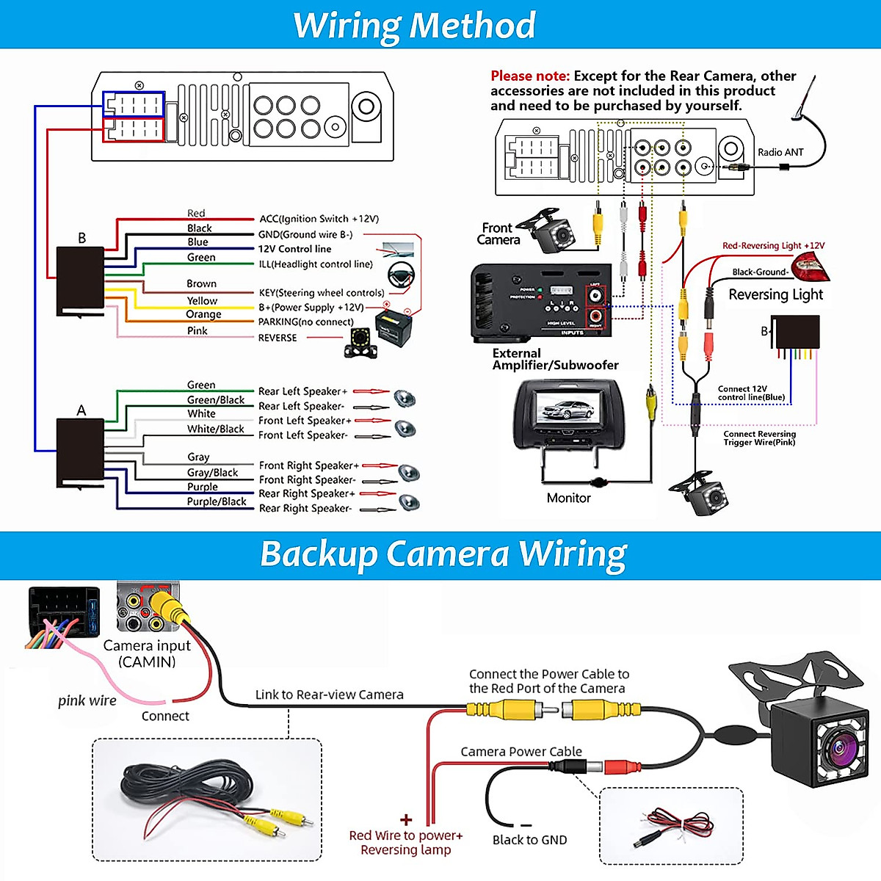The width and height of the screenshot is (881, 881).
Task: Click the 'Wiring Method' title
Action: (x=415, y=26)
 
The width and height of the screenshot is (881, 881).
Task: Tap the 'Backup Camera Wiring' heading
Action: (x=443, y=554)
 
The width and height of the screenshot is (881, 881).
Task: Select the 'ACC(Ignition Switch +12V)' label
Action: (x=319, y=219)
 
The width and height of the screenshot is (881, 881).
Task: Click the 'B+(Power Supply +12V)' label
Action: (x=311, y=308)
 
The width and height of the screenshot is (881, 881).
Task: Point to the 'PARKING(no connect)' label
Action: (x=305, y=322)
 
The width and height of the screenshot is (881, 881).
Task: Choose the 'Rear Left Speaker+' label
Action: (x=302, y=391)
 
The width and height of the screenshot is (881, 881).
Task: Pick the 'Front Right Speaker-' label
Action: (x=307, y=479)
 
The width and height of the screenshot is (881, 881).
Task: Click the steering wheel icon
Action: (x=401, y=275)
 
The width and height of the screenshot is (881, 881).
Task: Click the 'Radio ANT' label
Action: (x=780, y=153)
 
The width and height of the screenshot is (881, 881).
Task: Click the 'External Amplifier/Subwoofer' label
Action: (x=555, y=359)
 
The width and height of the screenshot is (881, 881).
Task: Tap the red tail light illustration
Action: (x=810, y=266)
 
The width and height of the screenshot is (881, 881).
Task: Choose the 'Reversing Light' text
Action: (x=775, y=294)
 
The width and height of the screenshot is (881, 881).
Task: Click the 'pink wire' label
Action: (x=87, y=700)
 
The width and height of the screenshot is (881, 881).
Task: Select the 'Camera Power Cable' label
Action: (x=521, y=752)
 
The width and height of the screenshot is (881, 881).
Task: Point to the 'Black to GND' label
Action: (x=529, y=840)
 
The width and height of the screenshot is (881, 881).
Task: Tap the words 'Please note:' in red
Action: (x=530, y=76)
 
